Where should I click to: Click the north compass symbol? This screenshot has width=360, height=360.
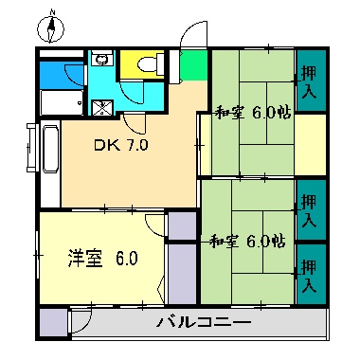tap(51, 28)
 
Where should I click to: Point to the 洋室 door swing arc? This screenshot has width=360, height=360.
tap(154, 223)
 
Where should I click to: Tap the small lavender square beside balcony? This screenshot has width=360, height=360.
tap(54, 322)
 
